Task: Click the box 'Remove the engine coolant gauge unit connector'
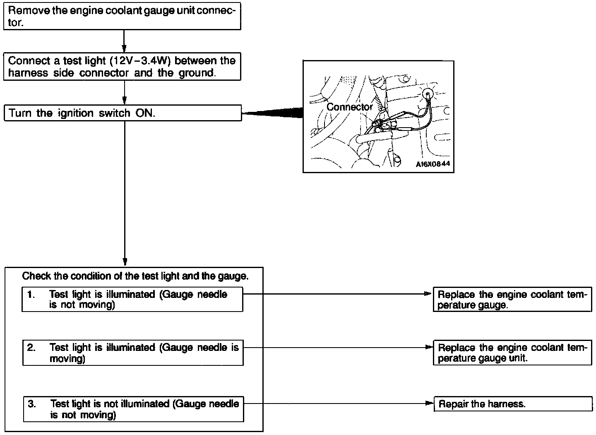click(x=122, y=17)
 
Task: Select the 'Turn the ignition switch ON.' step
click(x=123, y=113)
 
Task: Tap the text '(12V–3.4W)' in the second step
click(x=141, y=61)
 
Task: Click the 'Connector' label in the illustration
click(x=349, y=107)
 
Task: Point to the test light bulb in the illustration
click(x=429, y=94)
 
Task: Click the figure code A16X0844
click(x=433, y=164)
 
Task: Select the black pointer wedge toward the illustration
click(x=273, y=113)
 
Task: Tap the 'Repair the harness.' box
click(x=512, y=404)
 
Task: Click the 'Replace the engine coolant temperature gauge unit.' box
click(x=512, y=353)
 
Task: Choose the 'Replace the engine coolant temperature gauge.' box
click(x=512, y=300)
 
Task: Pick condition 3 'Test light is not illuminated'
click(x=133, y=409)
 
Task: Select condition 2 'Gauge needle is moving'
click(x=133, y=353)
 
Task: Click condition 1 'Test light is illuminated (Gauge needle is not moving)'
click(x=132, y=300)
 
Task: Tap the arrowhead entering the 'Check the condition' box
click(x=125, y=262)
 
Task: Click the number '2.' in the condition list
click(x=31, y=348)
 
